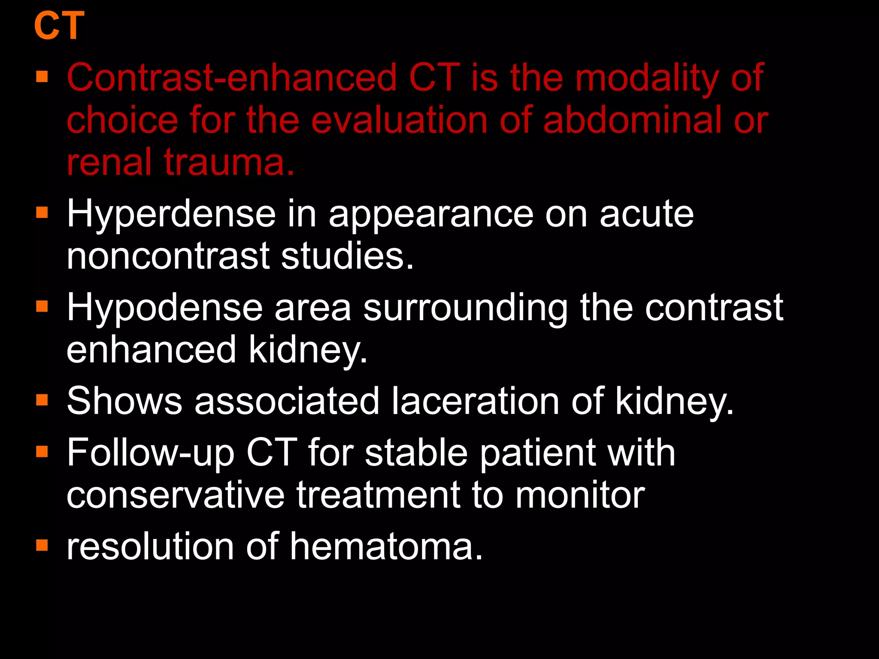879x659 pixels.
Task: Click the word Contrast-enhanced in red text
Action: [x=232, y=78]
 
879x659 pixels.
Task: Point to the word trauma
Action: [x=230, y=163]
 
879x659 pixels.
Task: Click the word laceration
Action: [x=475, y=401]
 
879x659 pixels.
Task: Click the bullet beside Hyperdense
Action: [x=42, y=212]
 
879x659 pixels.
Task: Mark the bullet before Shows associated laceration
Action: [x=42, y=400]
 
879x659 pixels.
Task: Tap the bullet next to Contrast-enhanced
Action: [x=42, y=77]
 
